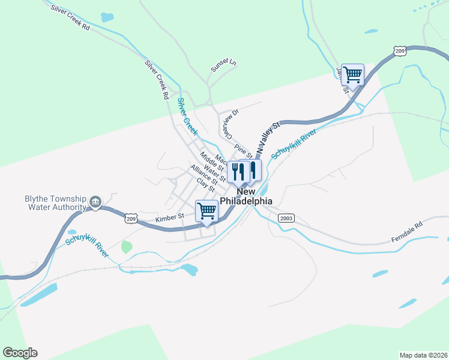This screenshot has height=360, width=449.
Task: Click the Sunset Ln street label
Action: [x=223, y=65]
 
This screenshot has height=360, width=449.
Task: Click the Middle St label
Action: [x=211, y=160]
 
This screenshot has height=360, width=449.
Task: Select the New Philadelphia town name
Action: [x=246, y=196]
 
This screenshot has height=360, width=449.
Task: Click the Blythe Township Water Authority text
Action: [x=47, y=203]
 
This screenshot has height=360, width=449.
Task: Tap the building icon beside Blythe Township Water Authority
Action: [x=95, y=202]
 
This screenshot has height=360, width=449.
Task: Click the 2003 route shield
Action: [x=286, y=219]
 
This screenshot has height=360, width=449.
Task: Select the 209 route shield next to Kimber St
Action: [x=131, y=220]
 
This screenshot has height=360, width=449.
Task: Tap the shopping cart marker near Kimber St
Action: [x=206, y=212]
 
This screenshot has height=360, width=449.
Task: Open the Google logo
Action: [x=20, y=353]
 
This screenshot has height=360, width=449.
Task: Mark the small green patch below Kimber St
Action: [x=126, y=247]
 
